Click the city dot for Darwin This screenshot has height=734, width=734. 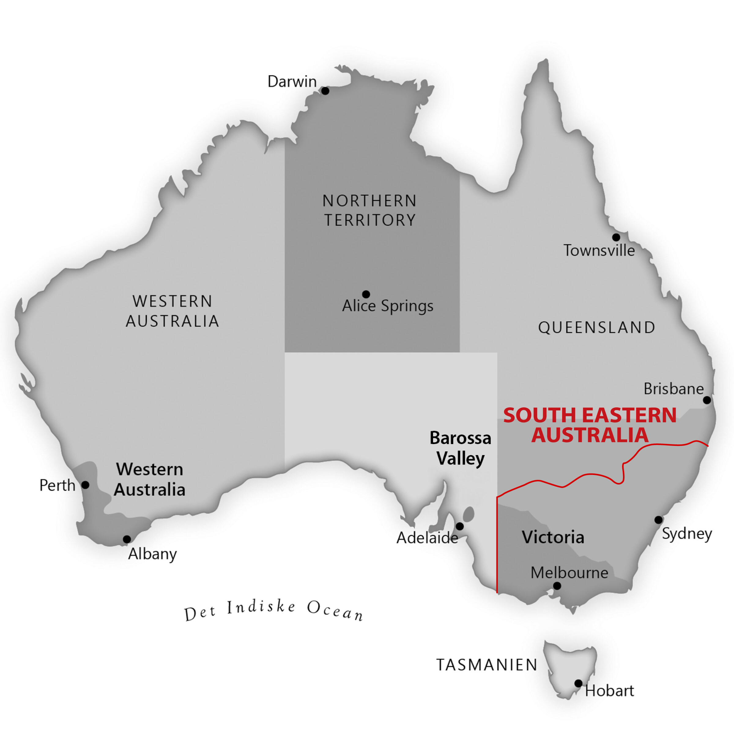click(x=325, y=91)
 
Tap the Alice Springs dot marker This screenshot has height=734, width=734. click(x=366, y=294)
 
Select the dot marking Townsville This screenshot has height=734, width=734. click(x=616, y=237)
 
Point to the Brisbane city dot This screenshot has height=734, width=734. click(x=707, y=400)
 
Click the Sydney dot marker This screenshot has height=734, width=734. click(x=658, y=520)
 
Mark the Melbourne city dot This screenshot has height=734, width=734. click(x=557, y=586)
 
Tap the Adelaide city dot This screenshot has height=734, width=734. click(x=460, y=526)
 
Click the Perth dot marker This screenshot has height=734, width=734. click(x=86, y=485)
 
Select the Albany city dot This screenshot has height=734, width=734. click(x=127, y=539)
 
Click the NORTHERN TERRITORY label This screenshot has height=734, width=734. click(x=370, y=210)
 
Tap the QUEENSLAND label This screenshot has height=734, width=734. click(x=596, y=328)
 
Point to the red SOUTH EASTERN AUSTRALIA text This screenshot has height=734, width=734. click(x=590, y=425)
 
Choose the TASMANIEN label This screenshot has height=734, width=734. click(x=487, y=665)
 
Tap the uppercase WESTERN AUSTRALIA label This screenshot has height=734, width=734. click(x=172, y=311)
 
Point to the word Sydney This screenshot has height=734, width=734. click(x=687, y=534)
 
